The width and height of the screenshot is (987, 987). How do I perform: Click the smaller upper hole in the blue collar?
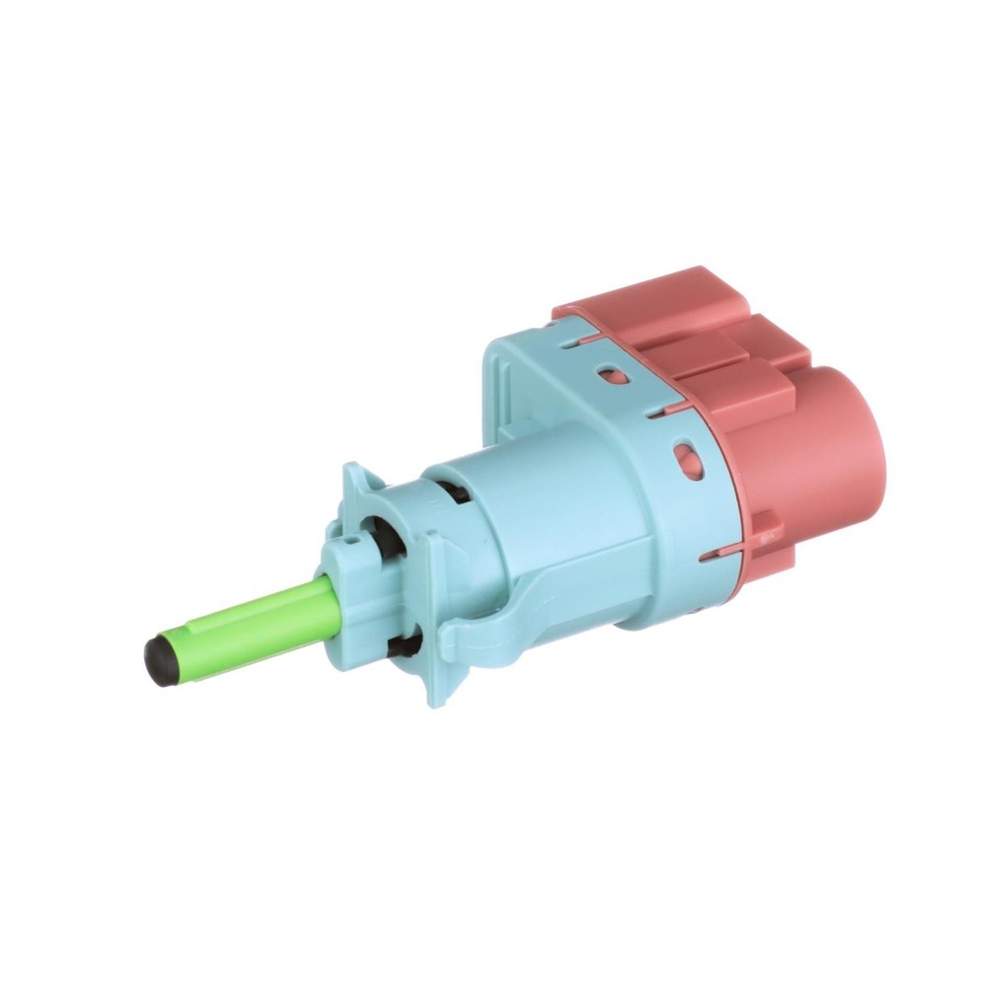pyautogui.click(x=612, y=376)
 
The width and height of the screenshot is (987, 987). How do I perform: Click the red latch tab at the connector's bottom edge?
pyautogui.click(x=765, y=533)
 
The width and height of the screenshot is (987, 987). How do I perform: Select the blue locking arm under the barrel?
pyautogui.click(x=503, y=612)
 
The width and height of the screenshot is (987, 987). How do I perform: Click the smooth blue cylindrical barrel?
pyautogui.click(x=553, y=513)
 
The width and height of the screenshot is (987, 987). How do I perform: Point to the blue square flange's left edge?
pyautogui.click(x=493, y=385)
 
